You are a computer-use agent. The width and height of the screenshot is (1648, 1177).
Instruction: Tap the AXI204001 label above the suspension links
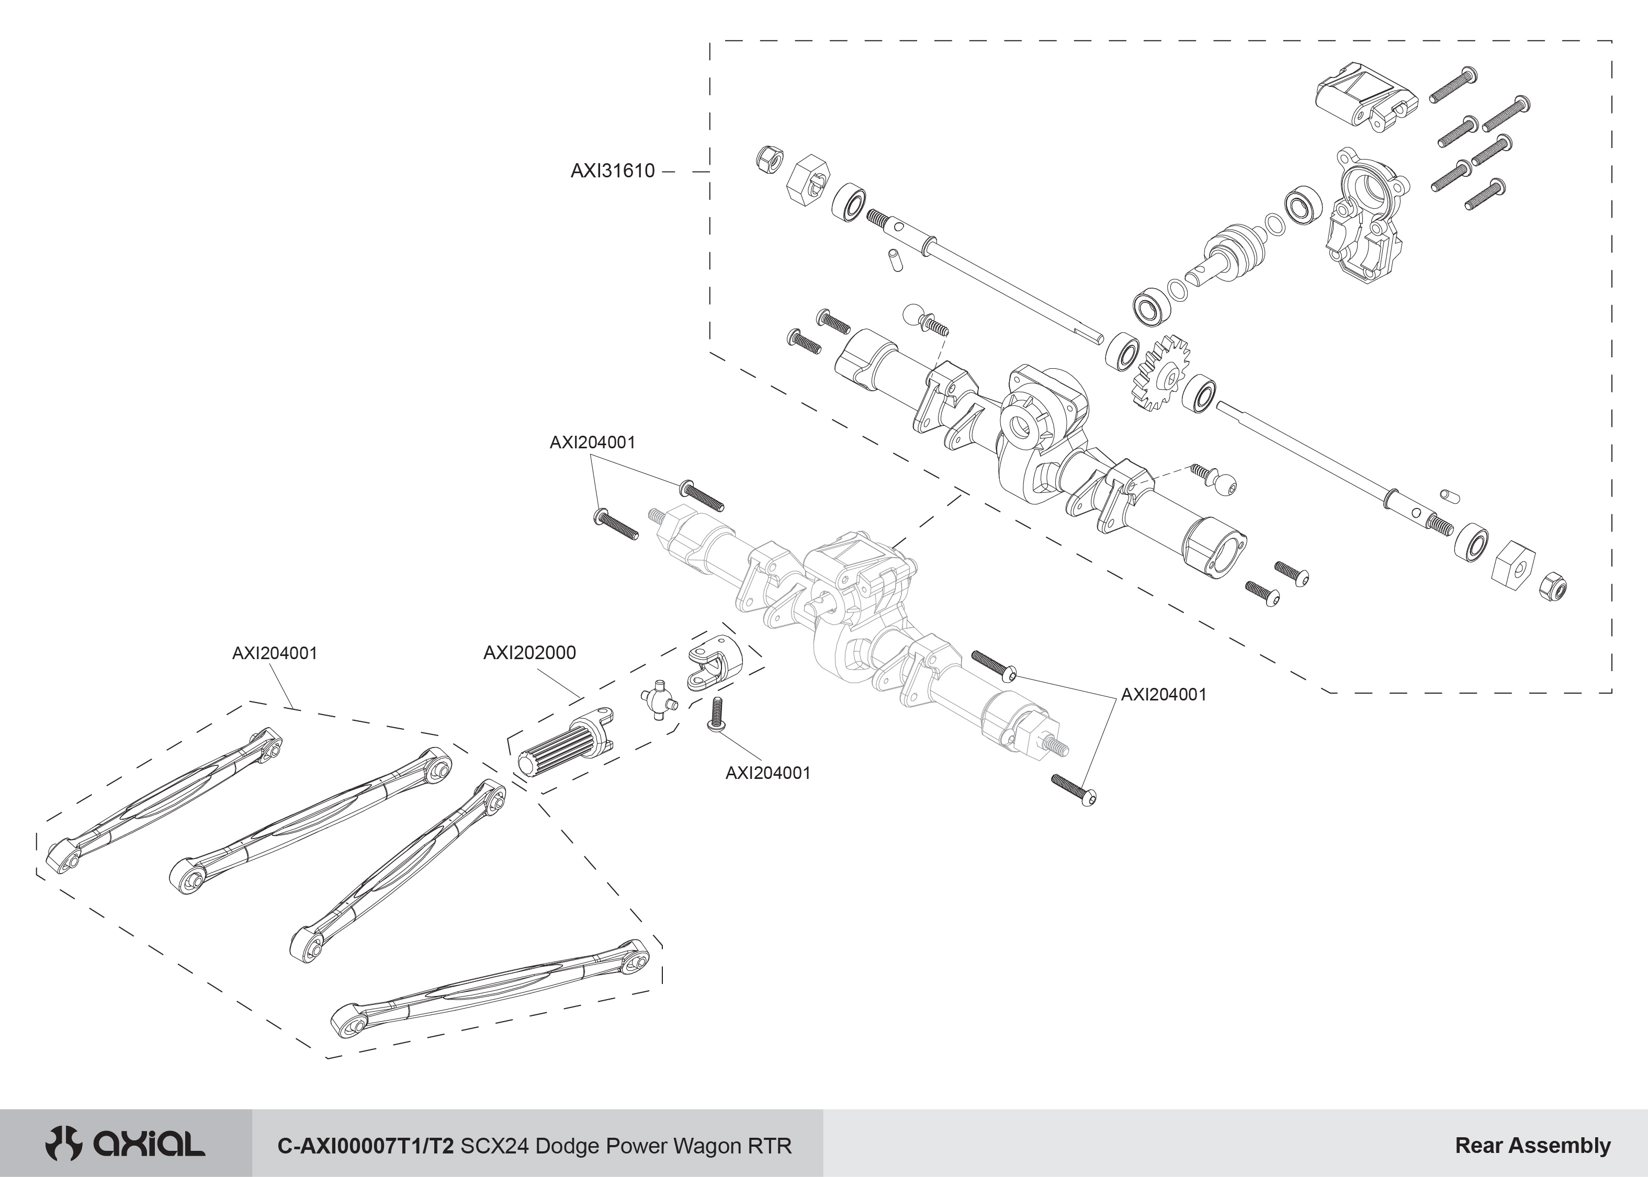[x=275, y=653]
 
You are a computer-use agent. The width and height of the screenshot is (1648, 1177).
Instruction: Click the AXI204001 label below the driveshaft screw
[x=767, y=773]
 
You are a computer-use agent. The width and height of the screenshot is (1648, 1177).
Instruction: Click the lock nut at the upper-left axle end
[x=768, y=158]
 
